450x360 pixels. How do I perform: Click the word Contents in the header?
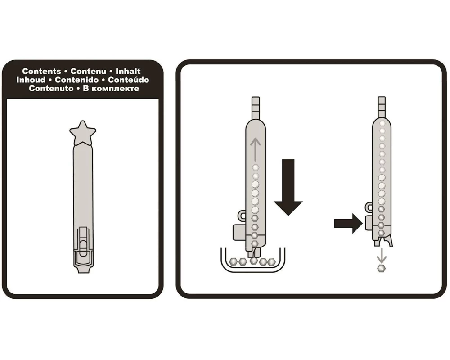pos(41,71)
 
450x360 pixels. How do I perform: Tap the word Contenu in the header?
pos(88,71)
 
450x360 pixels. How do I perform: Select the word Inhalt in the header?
pos(128,71)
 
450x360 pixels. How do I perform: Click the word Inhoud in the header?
pos(31,80)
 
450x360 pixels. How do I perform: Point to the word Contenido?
pos(76,80)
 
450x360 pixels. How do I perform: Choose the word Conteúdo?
pos(129,80)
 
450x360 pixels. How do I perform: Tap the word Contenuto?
pos(51,88)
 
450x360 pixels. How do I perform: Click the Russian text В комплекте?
pos(111,88)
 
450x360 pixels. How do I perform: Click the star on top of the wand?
pos(83,133)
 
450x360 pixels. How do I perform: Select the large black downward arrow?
pos(288,187)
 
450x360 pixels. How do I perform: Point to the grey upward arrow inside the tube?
pos(255,149)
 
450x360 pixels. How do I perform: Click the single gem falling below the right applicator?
pos(381,268)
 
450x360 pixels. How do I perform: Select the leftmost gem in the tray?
pos(234,261)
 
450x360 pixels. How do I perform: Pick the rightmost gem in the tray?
pos(271,262)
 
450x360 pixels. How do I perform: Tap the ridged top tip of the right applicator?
pos(382,107)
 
